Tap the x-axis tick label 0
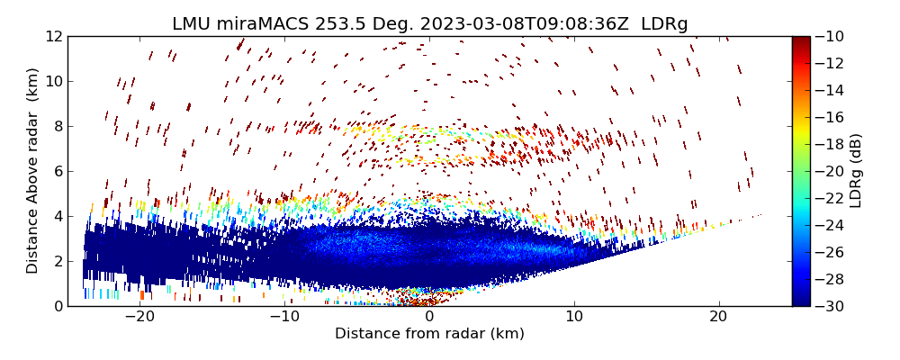429,317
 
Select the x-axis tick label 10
574,317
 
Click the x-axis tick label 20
718,317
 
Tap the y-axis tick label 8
57,126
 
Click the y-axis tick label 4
57,216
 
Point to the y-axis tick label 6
57,171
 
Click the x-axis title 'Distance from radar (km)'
429,334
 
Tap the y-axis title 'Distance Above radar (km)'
32,171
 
